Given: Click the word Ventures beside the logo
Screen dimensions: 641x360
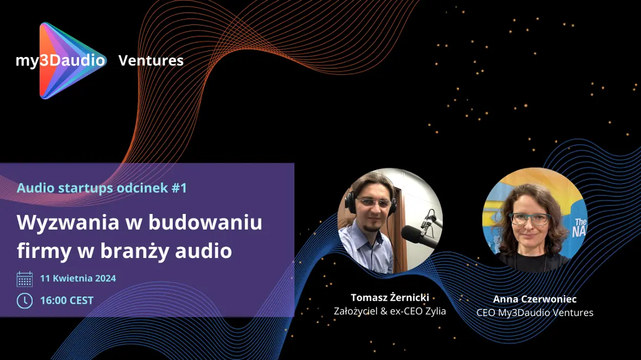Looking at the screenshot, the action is click(151, 60).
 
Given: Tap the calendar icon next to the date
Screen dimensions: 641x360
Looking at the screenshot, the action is click(24, 279).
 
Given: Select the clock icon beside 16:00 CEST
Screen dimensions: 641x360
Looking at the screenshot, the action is click(24, 301).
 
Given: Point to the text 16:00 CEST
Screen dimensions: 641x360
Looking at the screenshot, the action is click(67, 301).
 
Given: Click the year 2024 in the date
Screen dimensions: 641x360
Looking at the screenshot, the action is click(105, 278).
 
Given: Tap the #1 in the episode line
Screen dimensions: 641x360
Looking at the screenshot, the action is click(179, 188).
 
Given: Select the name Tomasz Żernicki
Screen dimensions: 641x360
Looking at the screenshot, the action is click(390, 298).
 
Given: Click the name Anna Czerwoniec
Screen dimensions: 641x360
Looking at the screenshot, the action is click(535, 299).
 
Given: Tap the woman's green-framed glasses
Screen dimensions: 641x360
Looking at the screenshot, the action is click(530, 219).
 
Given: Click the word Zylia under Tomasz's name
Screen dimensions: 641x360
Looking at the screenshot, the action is click(435, 311).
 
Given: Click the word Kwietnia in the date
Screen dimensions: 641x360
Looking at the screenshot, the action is click(73, 278).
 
